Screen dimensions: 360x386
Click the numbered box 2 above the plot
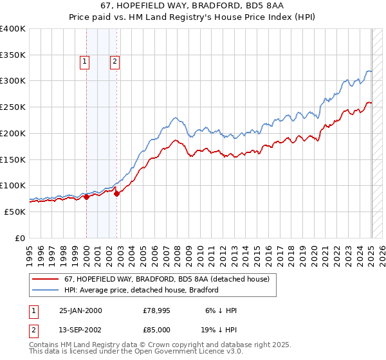(x=115, y=62)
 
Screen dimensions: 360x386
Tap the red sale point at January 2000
(x=86, y=197)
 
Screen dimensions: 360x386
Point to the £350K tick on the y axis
(x=13, y=55)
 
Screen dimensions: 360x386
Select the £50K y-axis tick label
(x=14, y=212)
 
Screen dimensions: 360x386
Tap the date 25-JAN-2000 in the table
(x=80, y=310)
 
